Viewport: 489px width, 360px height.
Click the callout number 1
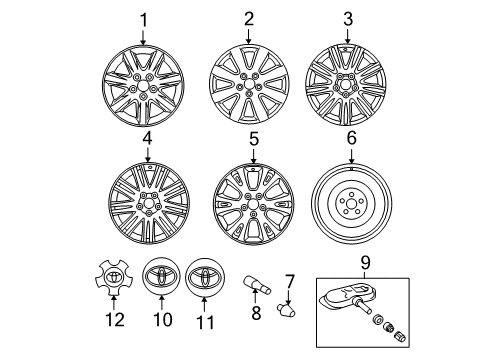(144, 21)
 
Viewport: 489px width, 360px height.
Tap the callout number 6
(352, 138)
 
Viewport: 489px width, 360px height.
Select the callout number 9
(365, 263)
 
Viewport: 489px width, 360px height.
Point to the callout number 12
(115, 319)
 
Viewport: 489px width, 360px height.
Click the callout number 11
(204, 322)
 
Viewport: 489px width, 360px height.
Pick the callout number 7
(289, 282)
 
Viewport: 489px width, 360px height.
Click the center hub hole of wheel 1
(143, 86)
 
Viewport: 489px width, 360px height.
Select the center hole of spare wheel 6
(352, 203)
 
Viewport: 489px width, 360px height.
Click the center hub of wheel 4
(149, 203)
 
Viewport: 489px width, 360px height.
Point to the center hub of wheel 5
(253, 204)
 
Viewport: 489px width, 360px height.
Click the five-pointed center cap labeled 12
(114, 277)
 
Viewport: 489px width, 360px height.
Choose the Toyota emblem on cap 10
(161, 276)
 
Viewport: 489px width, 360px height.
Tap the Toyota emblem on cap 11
(205, 277)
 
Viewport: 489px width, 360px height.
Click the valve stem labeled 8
(258, 284)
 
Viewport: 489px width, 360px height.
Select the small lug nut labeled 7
(286, 309)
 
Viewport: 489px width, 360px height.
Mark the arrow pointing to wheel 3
(348, 35)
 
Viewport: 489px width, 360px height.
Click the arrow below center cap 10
(161, 303)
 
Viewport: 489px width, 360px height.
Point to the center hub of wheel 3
(345, 86)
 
